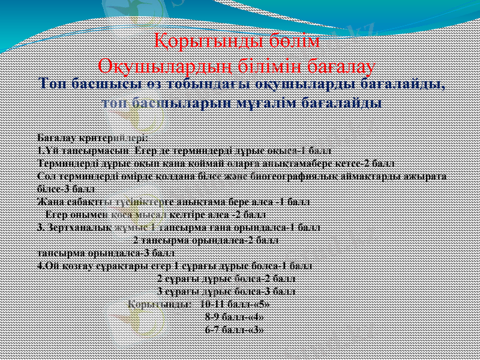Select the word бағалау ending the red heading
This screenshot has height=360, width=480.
(x=339, y=64)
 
